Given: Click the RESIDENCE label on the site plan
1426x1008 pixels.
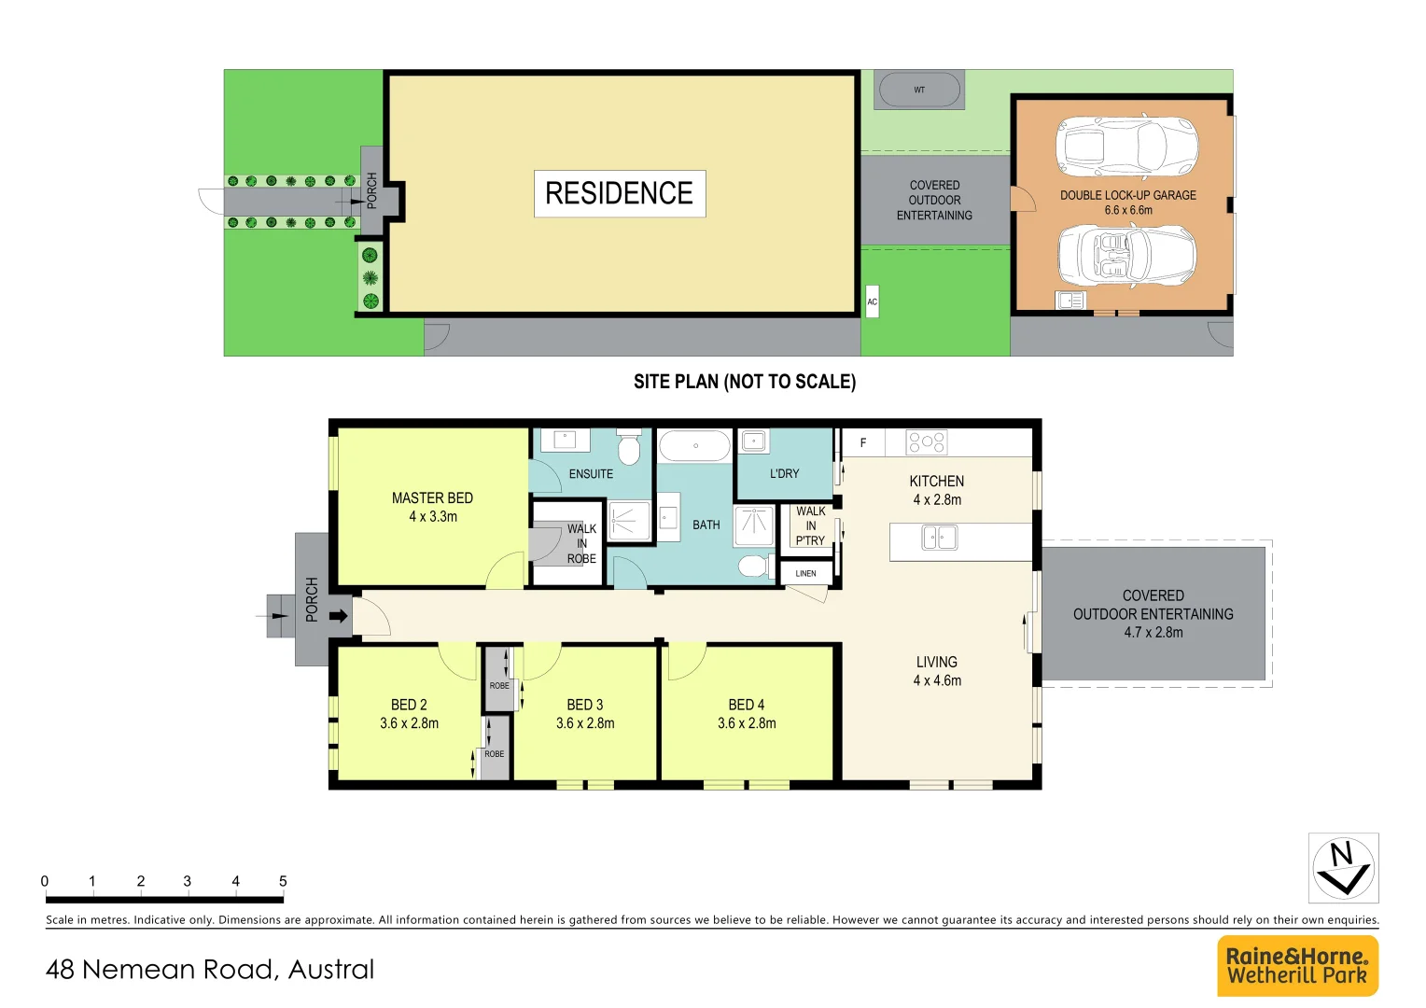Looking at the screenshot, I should click(620, 193).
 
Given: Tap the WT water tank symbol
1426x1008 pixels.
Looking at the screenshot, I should click(918, 91).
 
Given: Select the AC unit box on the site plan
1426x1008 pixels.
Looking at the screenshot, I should click(872, 301).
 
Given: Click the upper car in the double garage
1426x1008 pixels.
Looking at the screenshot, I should click(1126, 147).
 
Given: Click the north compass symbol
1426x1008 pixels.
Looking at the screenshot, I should click(1343, 868).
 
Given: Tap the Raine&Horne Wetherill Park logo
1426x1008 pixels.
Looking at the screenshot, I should click(1297, 966).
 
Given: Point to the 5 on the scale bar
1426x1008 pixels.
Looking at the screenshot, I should click(283, 881).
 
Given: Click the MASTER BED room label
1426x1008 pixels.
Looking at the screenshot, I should click(432, 498).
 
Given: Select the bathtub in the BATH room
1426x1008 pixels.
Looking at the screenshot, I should click(695, 446).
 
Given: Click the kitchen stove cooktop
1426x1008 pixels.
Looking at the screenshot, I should click(927, 441).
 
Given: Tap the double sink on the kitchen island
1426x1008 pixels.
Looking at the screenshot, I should click(940, 538).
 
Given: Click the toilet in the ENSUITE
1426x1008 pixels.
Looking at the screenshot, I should click(629, 448).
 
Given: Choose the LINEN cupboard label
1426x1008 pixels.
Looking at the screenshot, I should click(805, 573).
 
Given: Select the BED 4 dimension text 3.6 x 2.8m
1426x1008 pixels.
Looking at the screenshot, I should click(747, 723).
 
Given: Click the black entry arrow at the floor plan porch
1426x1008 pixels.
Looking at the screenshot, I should click(339, 616).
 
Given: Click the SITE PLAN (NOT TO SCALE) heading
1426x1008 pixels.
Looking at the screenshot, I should click(744, 382).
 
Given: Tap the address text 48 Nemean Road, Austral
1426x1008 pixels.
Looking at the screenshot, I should click(210, 970).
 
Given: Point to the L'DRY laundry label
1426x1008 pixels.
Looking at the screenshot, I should click(784, 473).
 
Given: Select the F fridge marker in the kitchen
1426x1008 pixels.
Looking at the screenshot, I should click(863, 442).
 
